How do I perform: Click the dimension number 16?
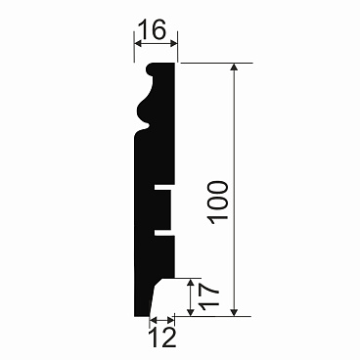tap(153, 29)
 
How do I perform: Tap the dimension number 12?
tap(162, 337)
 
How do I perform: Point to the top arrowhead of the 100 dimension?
tap(234, 67)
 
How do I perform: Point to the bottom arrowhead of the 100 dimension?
tap(234, 312)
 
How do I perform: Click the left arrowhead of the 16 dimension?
tap(138, 44)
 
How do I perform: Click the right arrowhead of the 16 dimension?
tap(173, 44)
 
